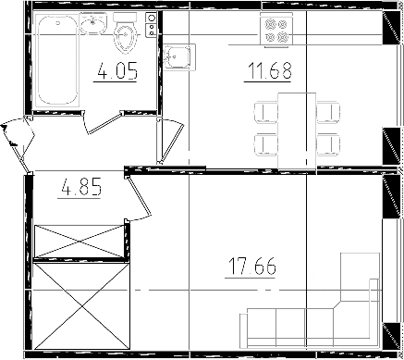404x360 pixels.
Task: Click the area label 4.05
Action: pos(117,71)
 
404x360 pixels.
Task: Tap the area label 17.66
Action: pos(252,268)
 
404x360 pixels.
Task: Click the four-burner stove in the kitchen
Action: pos(276,33)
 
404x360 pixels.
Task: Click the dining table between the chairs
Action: pos(293,130)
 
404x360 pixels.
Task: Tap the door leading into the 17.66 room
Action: pos(138,200)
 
